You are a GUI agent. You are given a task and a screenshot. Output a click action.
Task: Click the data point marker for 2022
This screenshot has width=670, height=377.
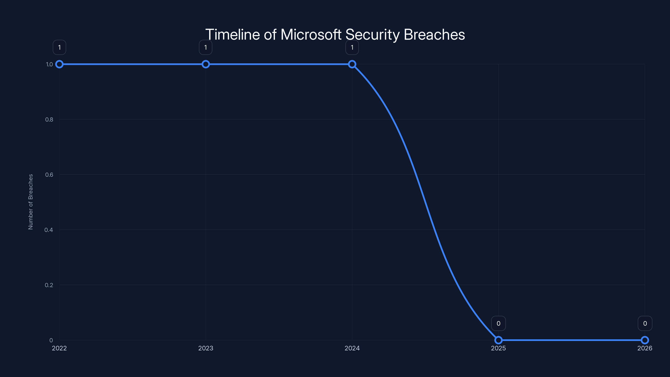coord(59,64)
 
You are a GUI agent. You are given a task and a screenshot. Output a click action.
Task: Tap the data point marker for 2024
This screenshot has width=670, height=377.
coord(352,64)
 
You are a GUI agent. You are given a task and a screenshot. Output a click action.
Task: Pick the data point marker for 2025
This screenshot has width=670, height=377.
coord(498,340)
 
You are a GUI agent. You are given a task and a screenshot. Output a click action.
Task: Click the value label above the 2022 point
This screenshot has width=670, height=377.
coord(59,47)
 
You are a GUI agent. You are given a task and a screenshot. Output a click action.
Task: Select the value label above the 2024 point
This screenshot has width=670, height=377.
coord(352,47)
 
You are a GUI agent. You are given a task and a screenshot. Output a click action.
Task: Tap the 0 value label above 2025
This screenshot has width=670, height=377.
coord(498,323)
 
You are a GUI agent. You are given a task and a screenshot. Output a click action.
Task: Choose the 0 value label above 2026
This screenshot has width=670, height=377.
coord(645,323)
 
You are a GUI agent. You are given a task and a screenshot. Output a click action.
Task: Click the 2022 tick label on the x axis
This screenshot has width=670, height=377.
coord(59,348)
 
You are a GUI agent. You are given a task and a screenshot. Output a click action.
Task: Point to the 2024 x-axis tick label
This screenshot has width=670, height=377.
coord(352,348)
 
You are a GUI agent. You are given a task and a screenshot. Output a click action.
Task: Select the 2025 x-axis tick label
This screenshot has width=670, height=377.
coord(498,348)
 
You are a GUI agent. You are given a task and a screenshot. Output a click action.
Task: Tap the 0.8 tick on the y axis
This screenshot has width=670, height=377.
coord(49,119)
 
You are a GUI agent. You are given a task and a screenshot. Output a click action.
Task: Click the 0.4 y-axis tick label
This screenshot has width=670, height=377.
coord(49,230)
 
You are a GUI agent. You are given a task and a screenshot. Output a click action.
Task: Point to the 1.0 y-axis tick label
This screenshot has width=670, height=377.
coord(49,64)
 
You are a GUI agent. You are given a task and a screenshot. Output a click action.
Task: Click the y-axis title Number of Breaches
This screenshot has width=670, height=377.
coord(31,202)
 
